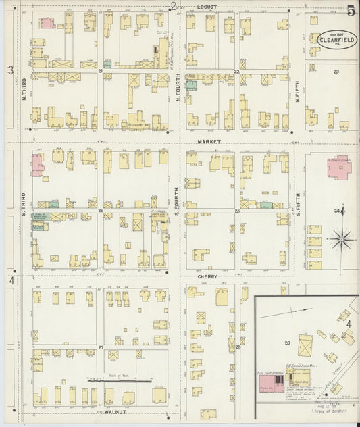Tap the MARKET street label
coord(210,141)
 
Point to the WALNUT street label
coord(108,411)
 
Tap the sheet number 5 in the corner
coord(351,10)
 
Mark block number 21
coord(101,70)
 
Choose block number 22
coord(237,71)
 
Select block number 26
coord(100,210)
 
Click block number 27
coord(101,347)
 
